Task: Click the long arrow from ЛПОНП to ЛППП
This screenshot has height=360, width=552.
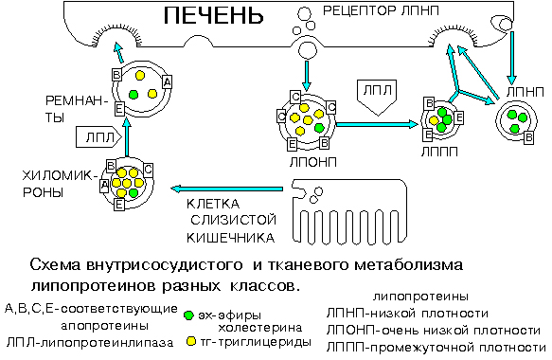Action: pos(379,122)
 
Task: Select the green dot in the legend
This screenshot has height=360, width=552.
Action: pos(189,315)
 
